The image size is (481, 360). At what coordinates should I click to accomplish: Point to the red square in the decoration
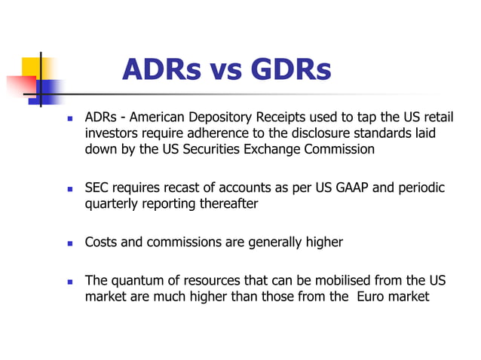(20, 86)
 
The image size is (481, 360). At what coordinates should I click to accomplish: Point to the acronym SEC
(98, 187)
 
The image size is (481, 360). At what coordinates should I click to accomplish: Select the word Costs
(100, 242)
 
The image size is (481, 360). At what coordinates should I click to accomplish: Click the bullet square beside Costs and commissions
(69, 243)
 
